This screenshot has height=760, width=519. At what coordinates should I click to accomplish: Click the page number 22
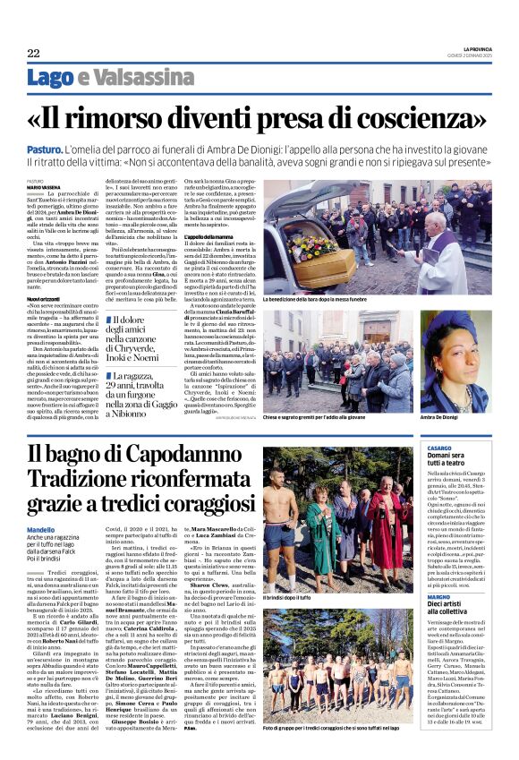pos(33,53)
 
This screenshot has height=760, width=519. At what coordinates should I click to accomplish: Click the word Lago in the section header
pos(50,78)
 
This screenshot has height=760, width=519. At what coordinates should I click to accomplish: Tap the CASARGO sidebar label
pos(439,447)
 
